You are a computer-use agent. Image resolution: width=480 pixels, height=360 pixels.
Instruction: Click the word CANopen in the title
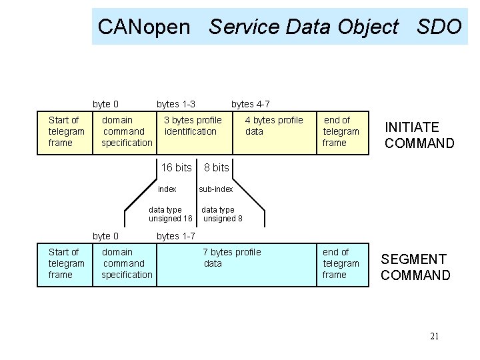(144, 27)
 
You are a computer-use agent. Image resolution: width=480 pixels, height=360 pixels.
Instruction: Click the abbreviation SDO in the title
(439, 27)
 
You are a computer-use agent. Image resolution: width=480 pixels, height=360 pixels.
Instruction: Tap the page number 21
(434, 336)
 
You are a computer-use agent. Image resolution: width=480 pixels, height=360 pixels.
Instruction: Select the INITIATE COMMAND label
(419, 135)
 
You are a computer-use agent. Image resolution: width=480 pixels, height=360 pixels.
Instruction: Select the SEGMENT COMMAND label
(415, 267)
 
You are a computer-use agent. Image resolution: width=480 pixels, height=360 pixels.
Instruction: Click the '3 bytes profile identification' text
(193, 126)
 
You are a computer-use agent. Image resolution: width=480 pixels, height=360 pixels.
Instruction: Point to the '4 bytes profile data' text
(273, 126)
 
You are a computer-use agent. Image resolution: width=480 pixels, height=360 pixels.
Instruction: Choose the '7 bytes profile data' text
(231, 258)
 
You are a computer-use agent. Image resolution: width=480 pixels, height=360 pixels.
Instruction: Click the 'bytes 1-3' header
(176, 104)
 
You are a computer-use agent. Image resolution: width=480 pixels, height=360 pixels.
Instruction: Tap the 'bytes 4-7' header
(250, 104)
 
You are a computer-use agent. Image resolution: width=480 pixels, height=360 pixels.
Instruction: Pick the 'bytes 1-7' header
(175, 236)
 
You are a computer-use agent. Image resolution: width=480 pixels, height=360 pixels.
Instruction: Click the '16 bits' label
(176, 167)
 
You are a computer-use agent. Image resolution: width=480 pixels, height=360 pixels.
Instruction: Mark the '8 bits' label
(216, 168)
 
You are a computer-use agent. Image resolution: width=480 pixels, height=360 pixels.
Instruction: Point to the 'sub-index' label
(215, 189)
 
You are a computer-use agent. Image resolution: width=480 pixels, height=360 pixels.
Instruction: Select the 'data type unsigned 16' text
(170, 214)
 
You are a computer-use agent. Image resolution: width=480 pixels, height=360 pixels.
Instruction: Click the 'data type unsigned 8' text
(222, 214)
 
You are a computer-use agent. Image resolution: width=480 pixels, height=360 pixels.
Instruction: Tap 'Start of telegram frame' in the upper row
(66, 131)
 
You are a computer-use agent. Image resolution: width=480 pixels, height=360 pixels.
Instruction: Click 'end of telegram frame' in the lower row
(341, 263)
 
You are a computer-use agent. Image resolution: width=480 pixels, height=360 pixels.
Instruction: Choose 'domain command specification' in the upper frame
(126, 131)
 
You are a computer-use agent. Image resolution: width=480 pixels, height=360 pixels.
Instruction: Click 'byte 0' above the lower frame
(105, 236)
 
